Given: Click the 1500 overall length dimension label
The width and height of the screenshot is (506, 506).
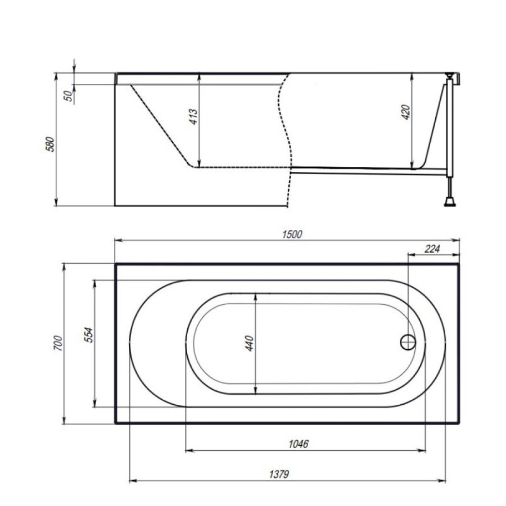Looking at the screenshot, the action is (292, 234).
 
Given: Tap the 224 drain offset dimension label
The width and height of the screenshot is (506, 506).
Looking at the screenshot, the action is (432, 249).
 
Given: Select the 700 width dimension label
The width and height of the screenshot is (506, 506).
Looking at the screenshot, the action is (58, 343).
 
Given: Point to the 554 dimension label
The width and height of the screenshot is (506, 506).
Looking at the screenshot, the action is (88, 335).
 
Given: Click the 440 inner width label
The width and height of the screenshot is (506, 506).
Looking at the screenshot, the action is (250, 343).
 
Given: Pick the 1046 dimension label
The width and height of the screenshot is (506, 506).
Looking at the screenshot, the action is (299, 444).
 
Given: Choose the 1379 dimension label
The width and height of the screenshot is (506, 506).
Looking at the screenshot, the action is (279, 475).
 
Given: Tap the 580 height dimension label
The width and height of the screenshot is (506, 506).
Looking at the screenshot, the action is (50, 144).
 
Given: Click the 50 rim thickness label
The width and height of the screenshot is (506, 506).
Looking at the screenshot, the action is (68, 96).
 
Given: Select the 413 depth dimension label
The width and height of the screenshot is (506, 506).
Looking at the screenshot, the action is (193, 116).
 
